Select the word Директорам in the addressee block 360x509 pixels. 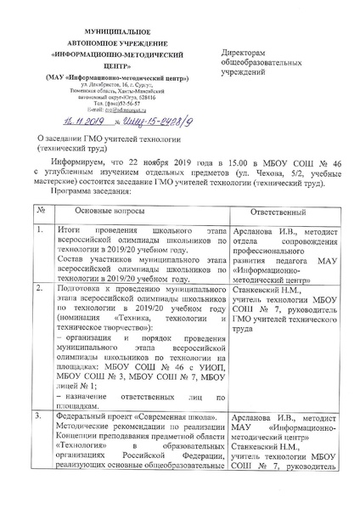[246, 53]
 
